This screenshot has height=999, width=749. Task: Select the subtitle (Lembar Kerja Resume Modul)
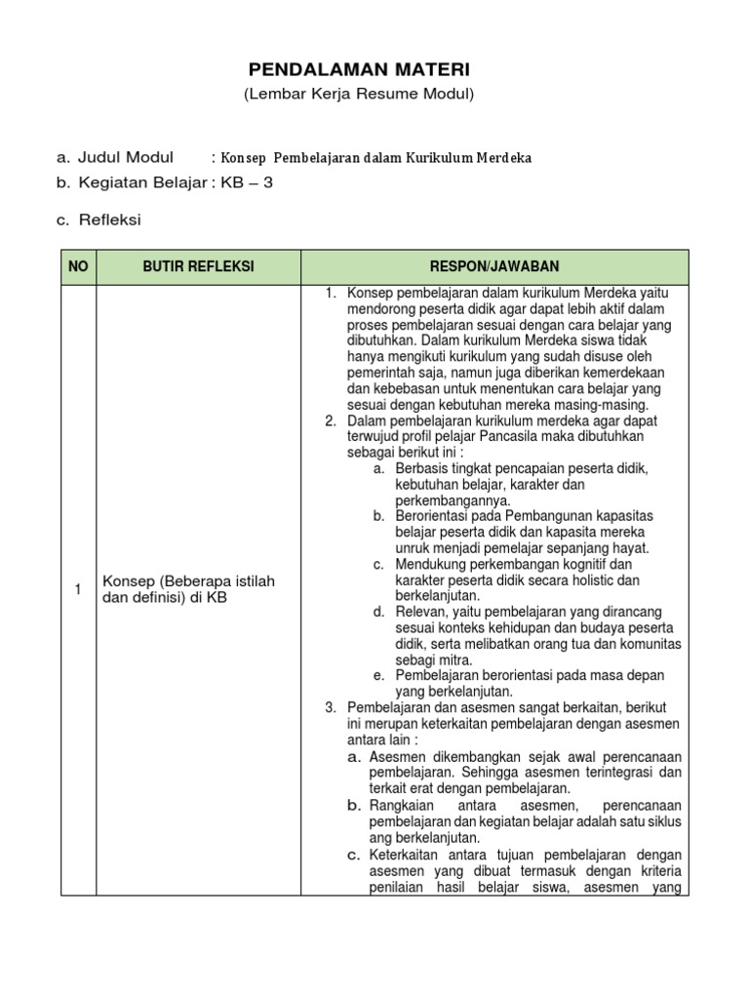[x=359, y=94]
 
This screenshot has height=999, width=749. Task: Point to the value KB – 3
[x=248, y=182]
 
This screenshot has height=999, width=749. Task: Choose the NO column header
[x=78, y=267]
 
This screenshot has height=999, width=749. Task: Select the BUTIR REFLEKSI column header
[x=198, y=267]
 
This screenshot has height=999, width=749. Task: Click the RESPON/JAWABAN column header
[x=494, y=267]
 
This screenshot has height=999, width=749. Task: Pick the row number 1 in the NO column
[x=78, y=588]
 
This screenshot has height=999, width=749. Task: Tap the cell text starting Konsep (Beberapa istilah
[x=188, y=589]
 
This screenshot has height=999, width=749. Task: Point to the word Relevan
[x=420, y=612]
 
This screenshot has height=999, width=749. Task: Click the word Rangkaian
[x=401, y=805]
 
